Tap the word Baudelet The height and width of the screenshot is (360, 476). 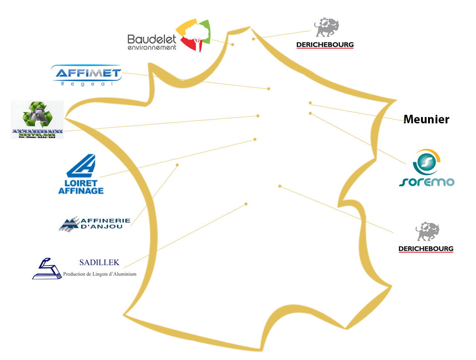tap(152, 39)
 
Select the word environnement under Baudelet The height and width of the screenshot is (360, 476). tap(152, 48)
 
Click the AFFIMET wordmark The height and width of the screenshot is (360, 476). tap(88, 73)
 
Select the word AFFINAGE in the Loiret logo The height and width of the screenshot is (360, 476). tap(81, 191)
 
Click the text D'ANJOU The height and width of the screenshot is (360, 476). tap(101, 227)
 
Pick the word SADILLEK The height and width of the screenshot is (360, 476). tap(99, 263)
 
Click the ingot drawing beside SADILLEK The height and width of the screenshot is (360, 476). tap(47, 269)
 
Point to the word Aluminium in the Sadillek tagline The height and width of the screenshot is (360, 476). tap(124, 274)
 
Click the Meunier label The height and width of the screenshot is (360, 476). tap(426, 119)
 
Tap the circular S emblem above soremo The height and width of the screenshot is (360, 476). tap(426, 162)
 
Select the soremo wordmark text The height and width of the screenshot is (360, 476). tap(427, 182)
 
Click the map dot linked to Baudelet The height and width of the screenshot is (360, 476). tap(233, 45)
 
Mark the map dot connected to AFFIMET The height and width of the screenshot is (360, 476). tap(269, 89)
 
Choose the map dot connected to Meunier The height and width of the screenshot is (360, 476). tap(310, 103)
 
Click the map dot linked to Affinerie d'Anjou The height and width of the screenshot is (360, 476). tap(177, 165)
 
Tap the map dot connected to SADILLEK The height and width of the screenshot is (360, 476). tap(246, 204)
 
